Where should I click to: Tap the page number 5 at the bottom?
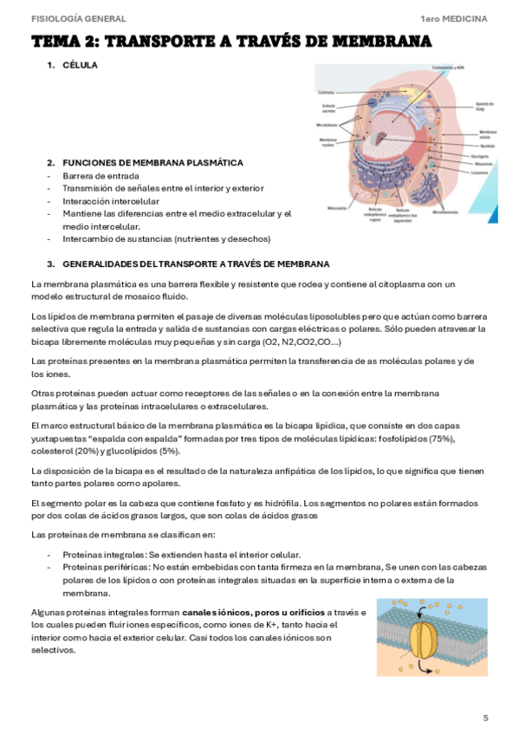pos(485,717)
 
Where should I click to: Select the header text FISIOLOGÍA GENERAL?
pos(78,18)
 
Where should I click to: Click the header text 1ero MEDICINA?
pos(453,18)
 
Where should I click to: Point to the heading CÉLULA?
pos(81,65)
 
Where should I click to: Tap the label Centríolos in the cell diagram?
pos(326,92)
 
